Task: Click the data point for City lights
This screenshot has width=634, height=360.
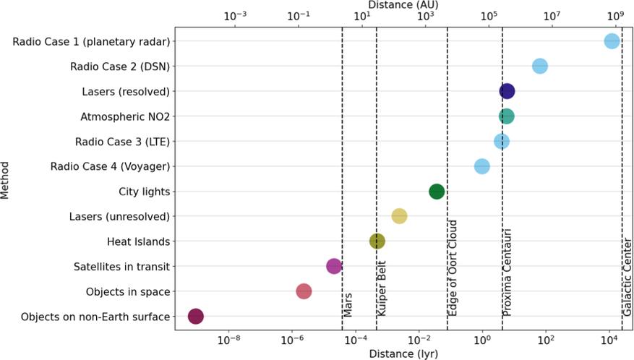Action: click(436, 192)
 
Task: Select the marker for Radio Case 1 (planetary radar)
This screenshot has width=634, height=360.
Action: click(612, 41)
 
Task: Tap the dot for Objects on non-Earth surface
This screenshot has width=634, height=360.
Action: click(195, 316)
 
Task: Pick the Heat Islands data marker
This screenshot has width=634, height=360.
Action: click(377, 241)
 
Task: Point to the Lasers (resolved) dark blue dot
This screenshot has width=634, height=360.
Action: click(507, 91)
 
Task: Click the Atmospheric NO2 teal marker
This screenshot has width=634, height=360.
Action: click(506, 116)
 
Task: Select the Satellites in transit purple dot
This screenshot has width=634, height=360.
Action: click(333, 266)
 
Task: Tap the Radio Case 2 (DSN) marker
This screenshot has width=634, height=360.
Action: click(539, 67)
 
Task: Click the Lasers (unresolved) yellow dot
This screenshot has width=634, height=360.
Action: click(399, 216)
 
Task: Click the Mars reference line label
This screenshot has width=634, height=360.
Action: click(348, 304)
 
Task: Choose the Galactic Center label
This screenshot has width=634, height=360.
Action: click(627, 276)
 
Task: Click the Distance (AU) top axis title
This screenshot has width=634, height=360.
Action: click(404, 5)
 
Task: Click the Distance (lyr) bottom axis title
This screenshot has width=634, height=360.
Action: click(403, 353)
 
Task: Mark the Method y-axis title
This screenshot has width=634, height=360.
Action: click(7, 180)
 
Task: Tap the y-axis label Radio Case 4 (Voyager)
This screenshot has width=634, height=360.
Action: click(110, 166)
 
